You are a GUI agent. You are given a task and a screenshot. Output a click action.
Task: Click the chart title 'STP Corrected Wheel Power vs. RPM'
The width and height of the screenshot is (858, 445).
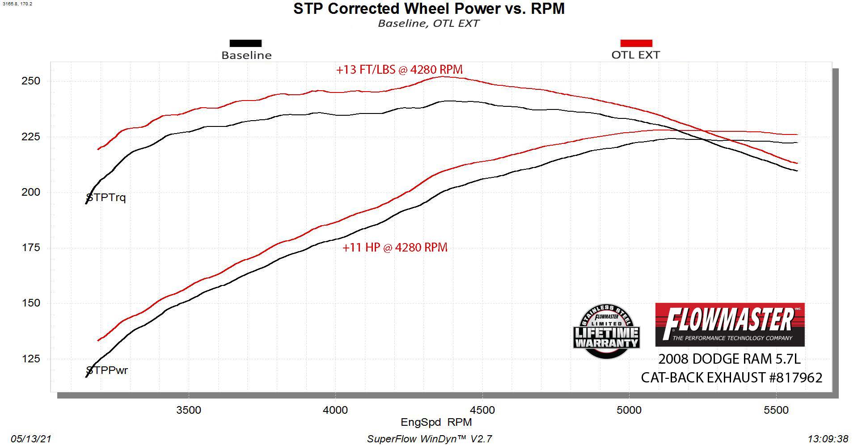coord(429,9)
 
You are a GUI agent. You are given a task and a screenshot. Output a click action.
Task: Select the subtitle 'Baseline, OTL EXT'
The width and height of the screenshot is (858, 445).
coord(428,23)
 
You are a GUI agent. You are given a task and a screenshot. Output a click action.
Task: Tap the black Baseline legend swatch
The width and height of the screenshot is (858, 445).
coord(245,43)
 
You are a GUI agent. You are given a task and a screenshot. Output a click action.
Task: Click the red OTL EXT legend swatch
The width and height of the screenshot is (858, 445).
coord(636,43)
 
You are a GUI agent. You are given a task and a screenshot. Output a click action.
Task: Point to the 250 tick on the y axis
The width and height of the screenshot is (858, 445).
coord(31,81)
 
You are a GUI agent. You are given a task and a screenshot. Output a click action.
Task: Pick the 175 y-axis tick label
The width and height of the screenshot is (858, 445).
coord(31,248)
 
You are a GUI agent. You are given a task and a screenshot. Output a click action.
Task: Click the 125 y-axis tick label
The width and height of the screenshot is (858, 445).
coord(31,359)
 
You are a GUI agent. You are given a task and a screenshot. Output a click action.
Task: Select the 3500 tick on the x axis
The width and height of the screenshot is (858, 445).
coord(189,410)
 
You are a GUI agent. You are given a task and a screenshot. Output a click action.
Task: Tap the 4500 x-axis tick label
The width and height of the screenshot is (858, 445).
coord(482,410)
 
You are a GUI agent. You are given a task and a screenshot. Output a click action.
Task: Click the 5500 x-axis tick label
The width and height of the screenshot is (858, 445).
coord(776,410)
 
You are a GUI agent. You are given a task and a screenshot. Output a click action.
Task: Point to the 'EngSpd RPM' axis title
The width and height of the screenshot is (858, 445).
coord(436,422)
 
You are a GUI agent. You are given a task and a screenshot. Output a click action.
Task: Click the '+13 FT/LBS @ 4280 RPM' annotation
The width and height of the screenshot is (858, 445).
coord(399,70)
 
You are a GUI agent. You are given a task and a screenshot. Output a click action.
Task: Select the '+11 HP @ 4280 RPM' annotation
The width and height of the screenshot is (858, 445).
coord(395,248)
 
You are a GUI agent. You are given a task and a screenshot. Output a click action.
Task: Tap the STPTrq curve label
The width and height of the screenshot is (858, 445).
coord(106,197)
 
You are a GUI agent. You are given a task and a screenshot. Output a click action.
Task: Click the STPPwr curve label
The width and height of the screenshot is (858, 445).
coord(107,370)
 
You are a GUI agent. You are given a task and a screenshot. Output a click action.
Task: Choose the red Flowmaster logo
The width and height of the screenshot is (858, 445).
coord(730,325)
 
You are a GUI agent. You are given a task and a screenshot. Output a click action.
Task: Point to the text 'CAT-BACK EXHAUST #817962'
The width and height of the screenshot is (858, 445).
coord(731,378)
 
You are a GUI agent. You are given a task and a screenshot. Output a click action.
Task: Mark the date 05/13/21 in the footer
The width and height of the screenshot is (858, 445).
coord(31,439)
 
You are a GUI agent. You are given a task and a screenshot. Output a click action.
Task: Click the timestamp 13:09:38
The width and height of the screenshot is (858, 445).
coord(828,439)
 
